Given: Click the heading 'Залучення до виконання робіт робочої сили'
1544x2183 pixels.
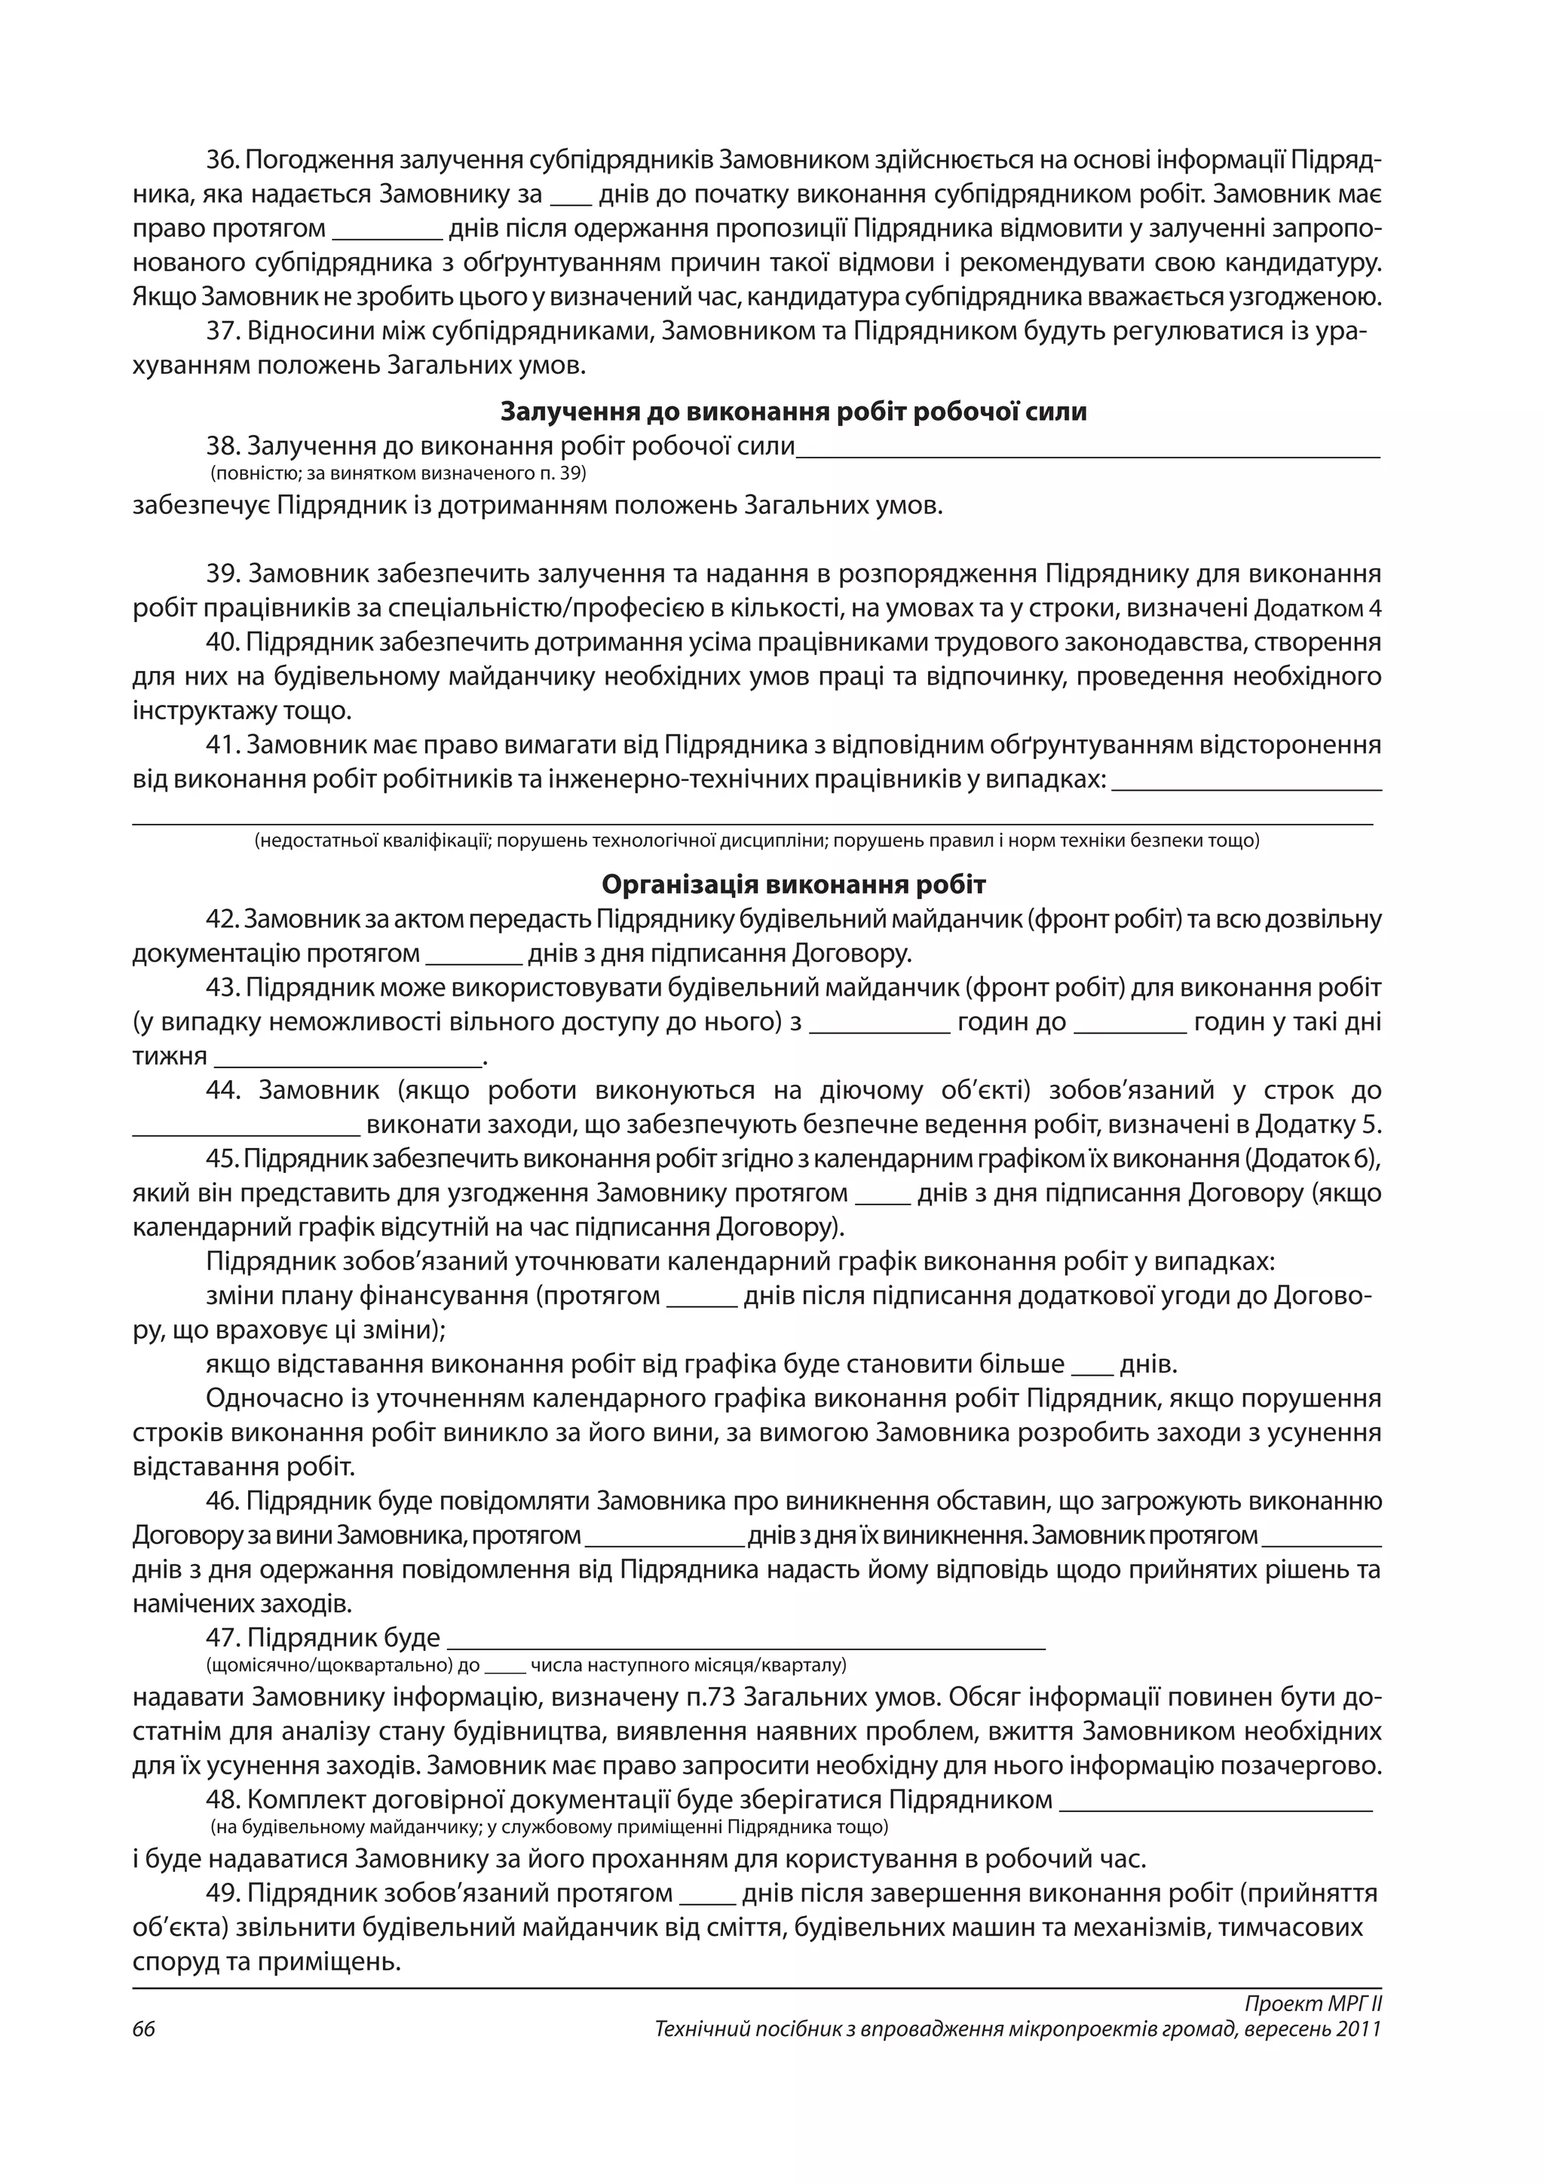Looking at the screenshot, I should click(x=793, y=412).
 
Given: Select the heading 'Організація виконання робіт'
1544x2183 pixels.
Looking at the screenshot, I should click(x=793, y=884).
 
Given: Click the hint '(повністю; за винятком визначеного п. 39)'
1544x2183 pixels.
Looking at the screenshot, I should click(x=397, y=473).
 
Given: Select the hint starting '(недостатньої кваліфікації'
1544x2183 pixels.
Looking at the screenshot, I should click(x=756, y=840).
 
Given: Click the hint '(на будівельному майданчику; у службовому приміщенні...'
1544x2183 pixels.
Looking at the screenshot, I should click(x=549, y=1853).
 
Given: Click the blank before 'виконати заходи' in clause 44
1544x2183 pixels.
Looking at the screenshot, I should click(x=245, y=1125).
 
